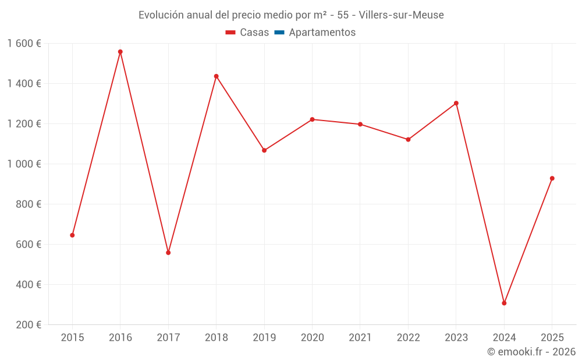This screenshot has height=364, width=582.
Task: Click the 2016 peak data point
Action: (x=120, y=52)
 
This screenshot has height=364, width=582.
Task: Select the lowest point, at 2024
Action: (x=504, y=303)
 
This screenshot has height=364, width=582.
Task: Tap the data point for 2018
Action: (x=216, y=76)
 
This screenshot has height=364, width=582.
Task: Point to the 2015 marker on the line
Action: (x=72, y=235)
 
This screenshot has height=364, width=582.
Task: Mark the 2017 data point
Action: (x=168, y=253)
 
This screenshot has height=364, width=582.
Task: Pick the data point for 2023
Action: (x=456, y=103)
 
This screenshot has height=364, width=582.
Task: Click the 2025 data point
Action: (x=552, y=178)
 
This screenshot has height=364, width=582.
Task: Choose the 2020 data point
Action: (x=312, y=119)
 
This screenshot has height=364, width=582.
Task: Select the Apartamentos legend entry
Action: (x=322, y=33)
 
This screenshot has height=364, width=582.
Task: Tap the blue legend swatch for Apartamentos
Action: (x=279, y=33)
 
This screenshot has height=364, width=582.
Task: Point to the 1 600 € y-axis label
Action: (x=24, y=44)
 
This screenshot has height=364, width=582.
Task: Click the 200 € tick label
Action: (x=29, y=325)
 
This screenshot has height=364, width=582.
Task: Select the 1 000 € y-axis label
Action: (x=24, y=164)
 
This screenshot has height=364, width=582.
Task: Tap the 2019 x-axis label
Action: (x=264, y=338)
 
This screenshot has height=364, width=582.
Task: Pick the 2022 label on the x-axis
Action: (x=408, y=338)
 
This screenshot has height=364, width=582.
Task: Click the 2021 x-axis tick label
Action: (x=360, y=338)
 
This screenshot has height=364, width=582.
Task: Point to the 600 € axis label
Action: (x=29, y=245)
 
